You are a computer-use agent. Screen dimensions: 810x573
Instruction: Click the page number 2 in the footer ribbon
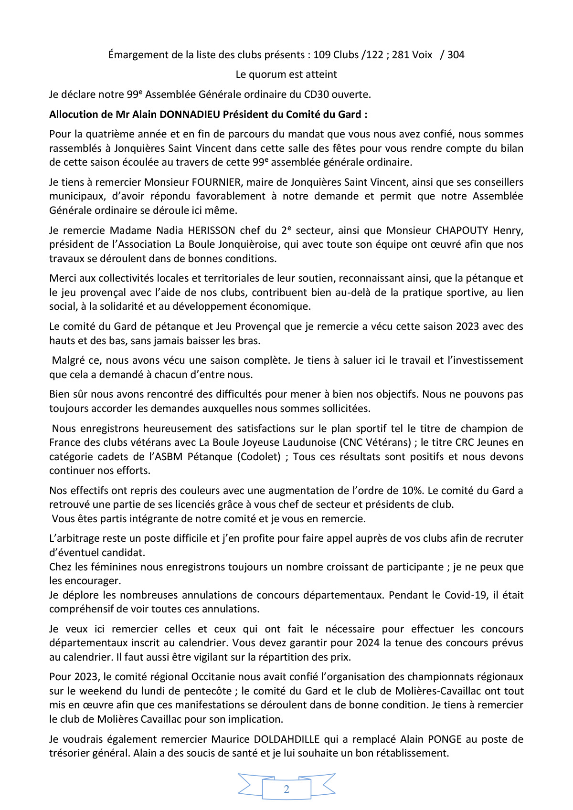(x=286, y=789)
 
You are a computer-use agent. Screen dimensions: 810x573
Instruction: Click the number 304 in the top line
(x=456, y=55)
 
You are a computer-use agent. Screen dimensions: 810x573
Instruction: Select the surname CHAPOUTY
(x=462, y=231)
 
